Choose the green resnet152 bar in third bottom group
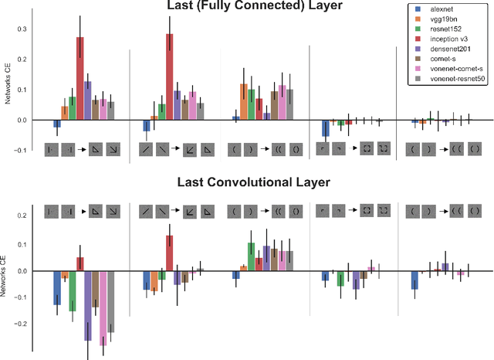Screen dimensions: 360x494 point(251,256)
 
